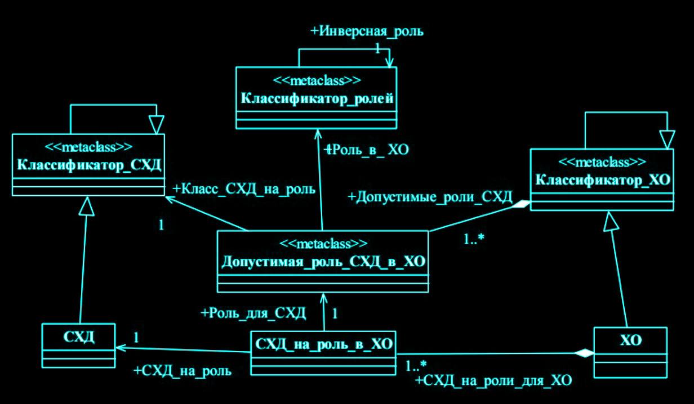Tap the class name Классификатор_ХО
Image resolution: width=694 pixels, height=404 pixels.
tap(602, 180)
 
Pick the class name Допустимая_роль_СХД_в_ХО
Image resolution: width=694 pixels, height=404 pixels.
tap(323, 262)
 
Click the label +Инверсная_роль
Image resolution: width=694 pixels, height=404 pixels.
tap(367, 32)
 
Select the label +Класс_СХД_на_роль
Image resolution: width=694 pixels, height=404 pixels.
tap(243, 188)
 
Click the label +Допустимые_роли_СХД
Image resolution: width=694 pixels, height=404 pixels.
tap(430, 197)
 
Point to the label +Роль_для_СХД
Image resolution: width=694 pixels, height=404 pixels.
tap(253, 313)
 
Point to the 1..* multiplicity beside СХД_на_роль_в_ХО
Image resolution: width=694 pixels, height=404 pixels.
tap(416, 366)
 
